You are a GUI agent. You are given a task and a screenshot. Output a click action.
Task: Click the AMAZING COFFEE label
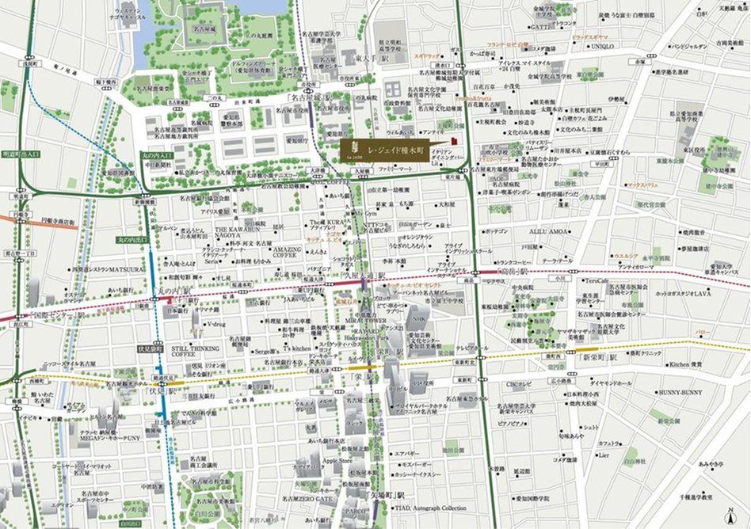[288, 253]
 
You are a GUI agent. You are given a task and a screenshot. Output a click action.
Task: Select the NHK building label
[417, 318]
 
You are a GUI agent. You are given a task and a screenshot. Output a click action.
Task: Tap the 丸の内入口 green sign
[154, 155]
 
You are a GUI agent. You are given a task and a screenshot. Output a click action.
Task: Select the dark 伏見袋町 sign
[151, 348]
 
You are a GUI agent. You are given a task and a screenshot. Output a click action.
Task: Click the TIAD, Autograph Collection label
[431, 508]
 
